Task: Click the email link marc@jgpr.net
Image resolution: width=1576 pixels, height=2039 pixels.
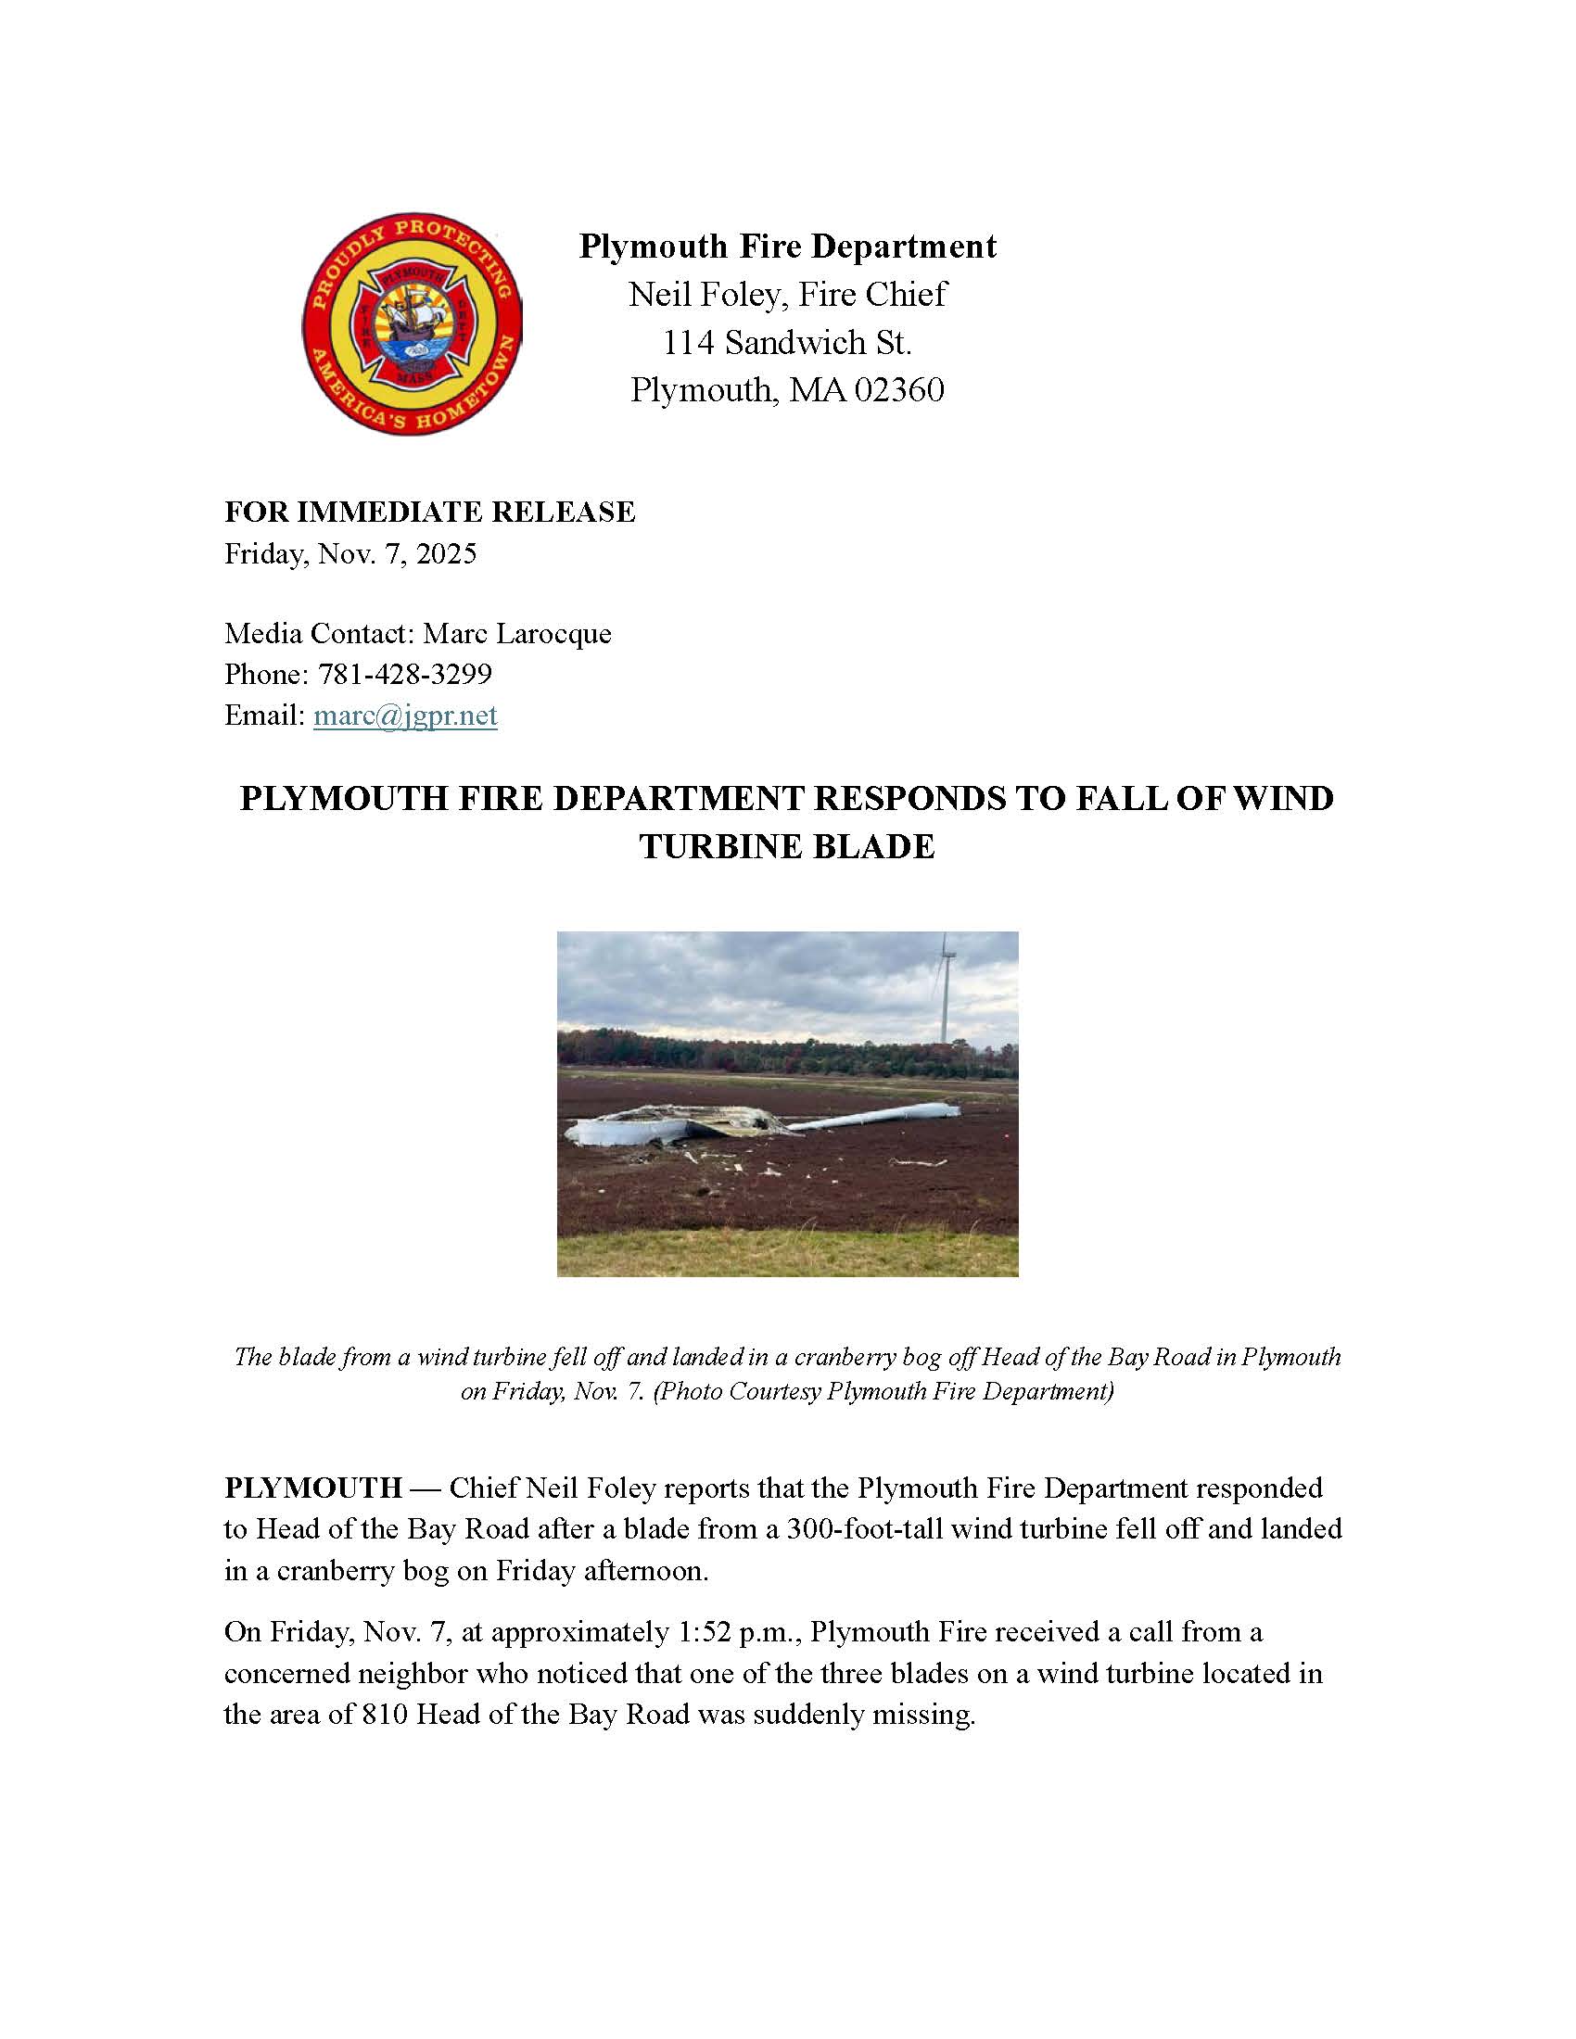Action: [x=405, y=716]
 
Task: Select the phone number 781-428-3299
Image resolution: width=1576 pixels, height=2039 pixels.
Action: [x=404, y=674]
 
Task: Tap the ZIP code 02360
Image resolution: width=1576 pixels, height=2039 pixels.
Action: [x=899, y=389]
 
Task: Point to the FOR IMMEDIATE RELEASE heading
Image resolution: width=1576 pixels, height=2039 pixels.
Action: [x=429, y=512]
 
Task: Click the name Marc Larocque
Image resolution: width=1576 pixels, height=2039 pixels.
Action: [x=517, y=633]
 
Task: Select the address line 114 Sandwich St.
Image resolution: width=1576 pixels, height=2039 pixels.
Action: [x=787, y=343]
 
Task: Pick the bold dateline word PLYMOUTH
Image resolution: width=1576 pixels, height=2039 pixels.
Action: [x=312, y=1488]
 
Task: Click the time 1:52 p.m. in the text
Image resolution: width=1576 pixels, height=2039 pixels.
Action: [x=737, y=1632]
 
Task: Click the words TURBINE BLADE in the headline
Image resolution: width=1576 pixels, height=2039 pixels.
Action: [x=787, y=847]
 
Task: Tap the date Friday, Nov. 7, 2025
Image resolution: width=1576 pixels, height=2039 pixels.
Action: [x=350, y=553]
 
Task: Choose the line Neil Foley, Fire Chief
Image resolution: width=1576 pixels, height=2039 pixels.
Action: [x=787, y=295]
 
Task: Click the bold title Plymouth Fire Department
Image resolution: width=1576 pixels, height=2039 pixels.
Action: [x=787, y=247]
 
